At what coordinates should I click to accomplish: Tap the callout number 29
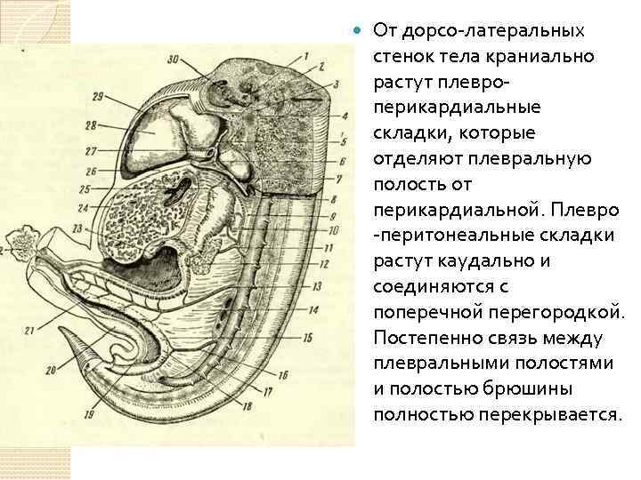coord(97,96)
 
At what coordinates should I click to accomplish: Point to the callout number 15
coord(308,337)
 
